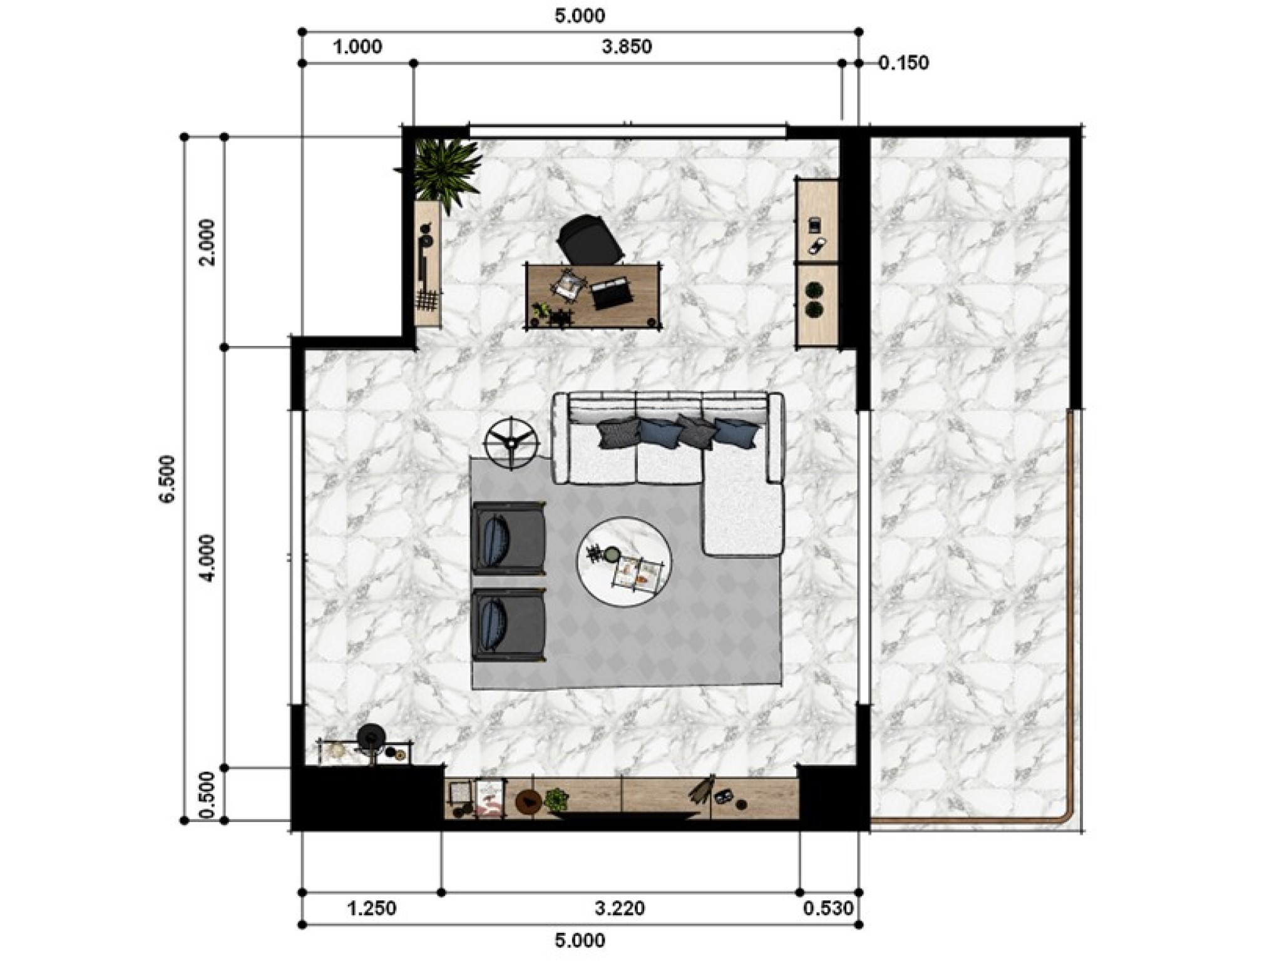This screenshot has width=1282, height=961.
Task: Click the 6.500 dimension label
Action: pyautogui.click(x=168, y=479)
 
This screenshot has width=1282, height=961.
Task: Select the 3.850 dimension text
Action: pyautogui.click(x=627, y=47)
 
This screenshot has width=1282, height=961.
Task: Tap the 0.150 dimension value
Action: pyautogui.click(x=903, y=63)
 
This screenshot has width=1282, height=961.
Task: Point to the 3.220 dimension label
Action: pyautogui.click(x=620, y=908)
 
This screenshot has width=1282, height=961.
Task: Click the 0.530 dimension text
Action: pyautogui.click(x=828, y=908)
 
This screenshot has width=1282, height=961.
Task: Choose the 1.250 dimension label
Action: pyautogui.click(x=372, y=908)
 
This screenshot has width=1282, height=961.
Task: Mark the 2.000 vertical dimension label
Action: pyautogui.click(x=207, y=242)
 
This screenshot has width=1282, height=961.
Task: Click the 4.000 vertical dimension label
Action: pyautogui.click(x=207, y=558)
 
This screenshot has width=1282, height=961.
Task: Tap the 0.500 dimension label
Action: pyautogui.click(x=207, y=795)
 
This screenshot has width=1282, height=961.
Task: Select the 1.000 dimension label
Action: pyautogui.click(x=357, y=47)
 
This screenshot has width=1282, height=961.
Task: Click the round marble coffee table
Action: pyautogui.click(x=623, y=561)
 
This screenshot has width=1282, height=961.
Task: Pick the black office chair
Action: pyautogui.click(x=589, y=239)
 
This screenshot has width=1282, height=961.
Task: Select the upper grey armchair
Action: pyautogui.click(x=509, y=538)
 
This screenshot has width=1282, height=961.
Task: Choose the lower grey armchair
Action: pyautogui.click(x=509, y=624)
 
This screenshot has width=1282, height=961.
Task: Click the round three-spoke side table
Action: pyautogui.click(x=512, y=442)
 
